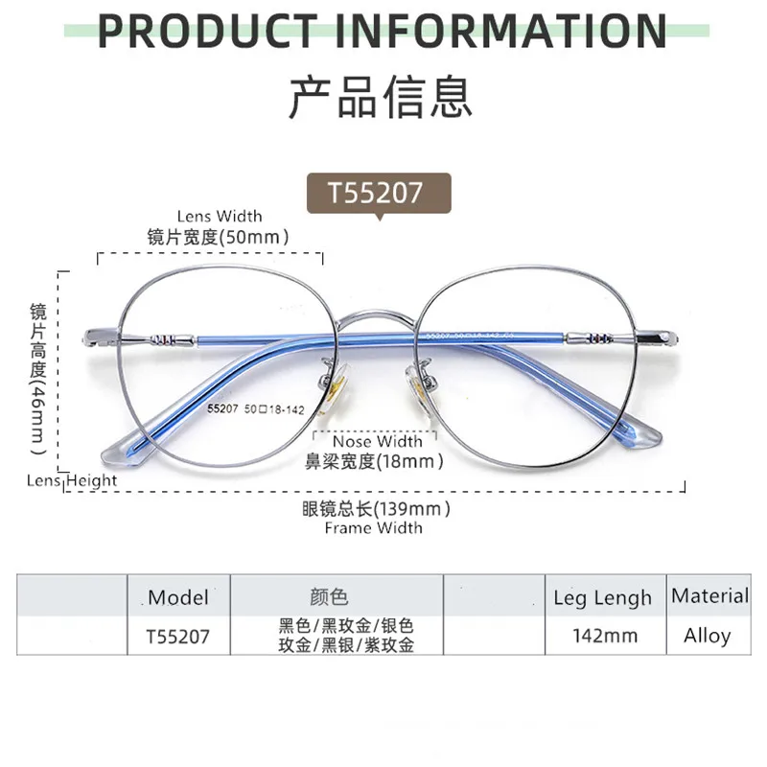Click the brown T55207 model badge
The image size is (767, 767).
(375, 192)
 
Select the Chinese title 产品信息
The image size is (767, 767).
(381, 96)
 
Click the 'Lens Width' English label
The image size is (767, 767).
(220, 217)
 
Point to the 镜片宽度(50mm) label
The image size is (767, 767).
(219, 236)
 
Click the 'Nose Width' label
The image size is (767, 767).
(378, 442)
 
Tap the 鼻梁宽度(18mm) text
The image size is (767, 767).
(375, 461)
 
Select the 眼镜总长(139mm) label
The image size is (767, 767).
(376, 508)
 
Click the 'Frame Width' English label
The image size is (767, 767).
(373, 527)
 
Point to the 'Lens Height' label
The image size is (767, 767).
(73, 480)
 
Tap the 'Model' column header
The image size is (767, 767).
(178, 597)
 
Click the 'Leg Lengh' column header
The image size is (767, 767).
(602, 598)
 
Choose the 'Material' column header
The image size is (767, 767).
(709, 595)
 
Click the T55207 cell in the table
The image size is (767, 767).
(177, 636)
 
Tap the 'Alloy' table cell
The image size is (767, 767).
(708, 636)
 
